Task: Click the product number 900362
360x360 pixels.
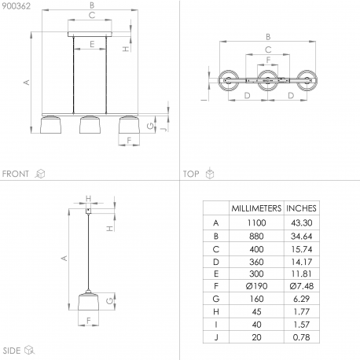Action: pyautogui.click(x=17, y=6)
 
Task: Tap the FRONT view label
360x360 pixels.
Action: pyautogui.click(x=16, y=174)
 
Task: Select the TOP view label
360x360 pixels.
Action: pyautogui.click(x=191, y=174)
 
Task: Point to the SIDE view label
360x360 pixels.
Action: pyautogui.click(x=12, y=351)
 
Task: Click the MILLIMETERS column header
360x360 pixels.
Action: pyautogui.click(x=256, y=208)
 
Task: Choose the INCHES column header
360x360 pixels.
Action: pyautogui.click(x=301, y=208)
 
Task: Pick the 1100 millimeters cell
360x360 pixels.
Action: pyautogui.click(x=256, y=222)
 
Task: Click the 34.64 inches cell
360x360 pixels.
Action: pyautogui.click(x=301, y=236)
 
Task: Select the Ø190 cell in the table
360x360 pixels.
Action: pyautogui.click(x=256, y=286)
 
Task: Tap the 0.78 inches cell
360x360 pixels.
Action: pyautogui.click(x=301, y=337)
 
